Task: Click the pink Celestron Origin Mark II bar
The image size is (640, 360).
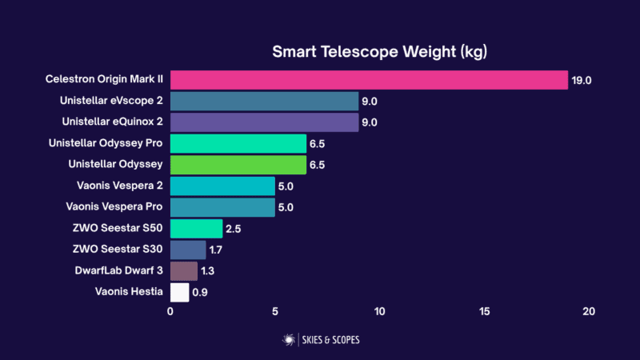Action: (x=369, y=80)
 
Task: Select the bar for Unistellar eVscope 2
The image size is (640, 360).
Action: (x=264, y=101)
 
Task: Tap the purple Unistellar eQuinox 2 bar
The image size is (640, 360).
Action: (x=264, y=122)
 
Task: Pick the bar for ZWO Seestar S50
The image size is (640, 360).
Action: (x=196, y=229)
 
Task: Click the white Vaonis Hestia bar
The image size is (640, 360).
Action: (x=179, y=292)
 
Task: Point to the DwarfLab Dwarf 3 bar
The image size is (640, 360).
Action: (x=183, y=271)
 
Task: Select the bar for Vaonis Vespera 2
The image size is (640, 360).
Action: (x=222, y=186)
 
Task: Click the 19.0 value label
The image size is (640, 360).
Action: (x=581, y=80)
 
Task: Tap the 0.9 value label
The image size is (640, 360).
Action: (x=201, y=293)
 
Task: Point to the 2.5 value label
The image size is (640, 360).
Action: (x=234, y=229)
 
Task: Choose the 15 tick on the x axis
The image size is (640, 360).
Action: (x=484, y=311)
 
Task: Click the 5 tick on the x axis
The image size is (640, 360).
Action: (x=275, y=311)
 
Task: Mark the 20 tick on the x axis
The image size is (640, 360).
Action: (x=589, y=311)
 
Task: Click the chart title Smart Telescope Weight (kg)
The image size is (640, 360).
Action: (x=380, y=52)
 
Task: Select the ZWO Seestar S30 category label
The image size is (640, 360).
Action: (x=117, y=250)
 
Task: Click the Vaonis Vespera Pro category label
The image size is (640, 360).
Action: (x=113, y=207)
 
